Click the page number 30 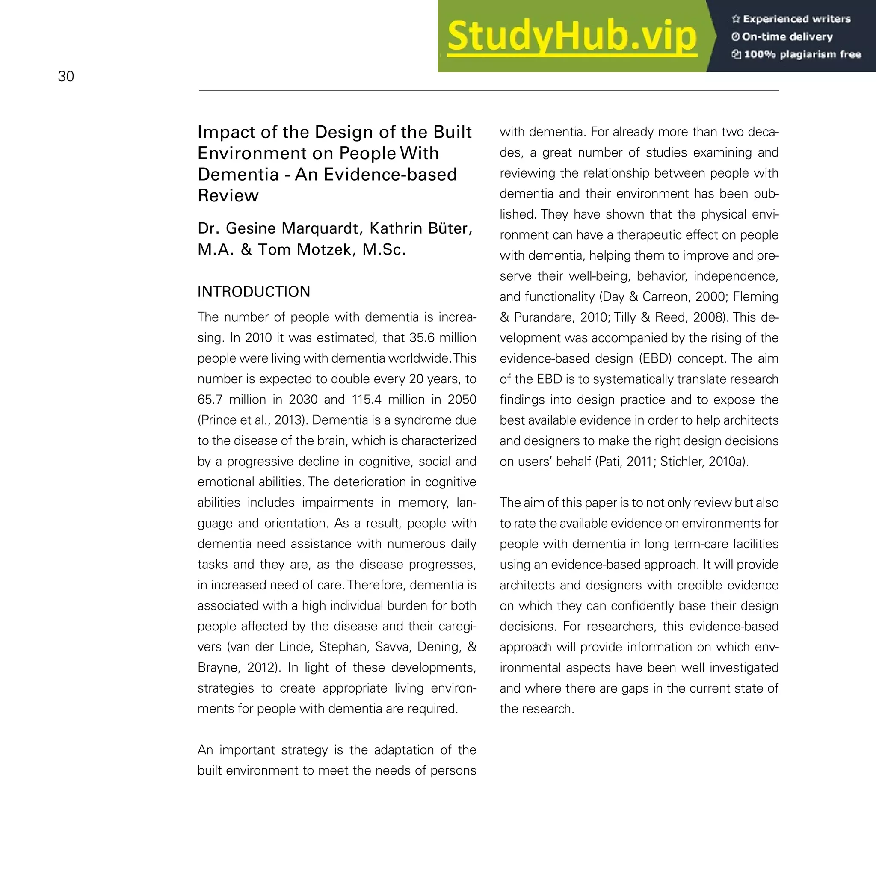[x=66, y=76]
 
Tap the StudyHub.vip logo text [x=571, y=36]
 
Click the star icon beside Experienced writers [x=735, y=19]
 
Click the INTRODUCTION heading [x=254, y=292]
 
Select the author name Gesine [x=251, y=228]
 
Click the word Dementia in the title [x=237, y=175]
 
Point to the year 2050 [x=462, y=400]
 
